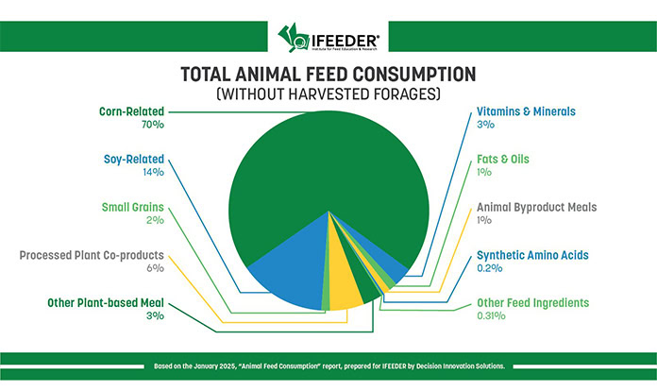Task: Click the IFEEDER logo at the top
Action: [328, 39]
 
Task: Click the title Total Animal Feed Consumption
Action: [328, 75]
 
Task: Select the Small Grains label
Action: [133, 207]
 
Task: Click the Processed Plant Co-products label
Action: [93, 255]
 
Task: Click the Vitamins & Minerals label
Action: [525, 110]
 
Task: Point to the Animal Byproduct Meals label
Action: [537, 207]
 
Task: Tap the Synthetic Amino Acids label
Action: [532, 255]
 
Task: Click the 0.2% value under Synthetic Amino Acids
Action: [489, 269]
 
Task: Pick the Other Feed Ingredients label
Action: [532, 303]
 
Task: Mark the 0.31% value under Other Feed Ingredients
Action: [491, 317]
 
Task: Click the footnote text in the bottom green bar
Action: [328, 364]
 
